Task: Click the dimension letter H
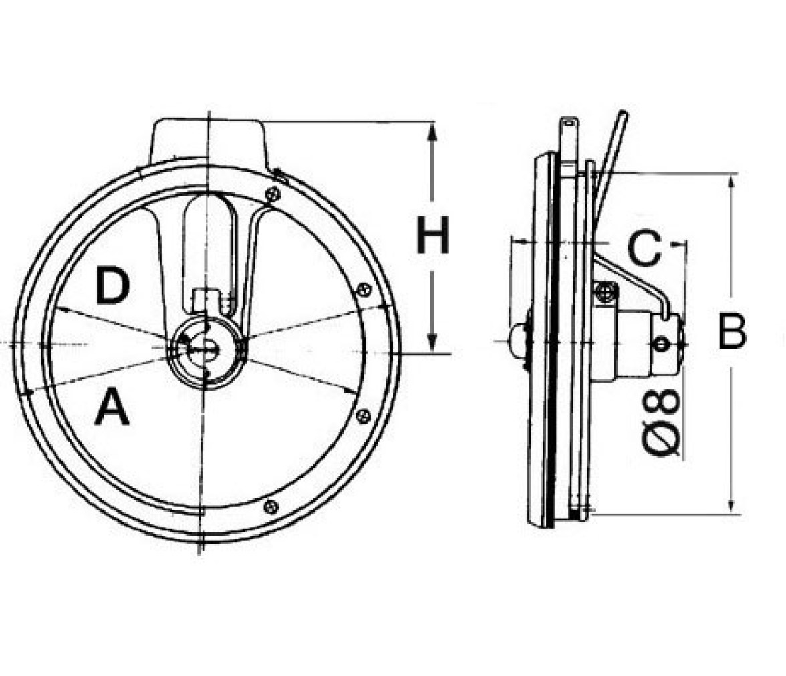pyautogui.click(x=433, y=235)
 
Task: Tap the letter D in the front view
pyautogui.click(x=113, y=286)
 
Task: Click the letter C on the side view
pyautogui.click(x=644, y=248)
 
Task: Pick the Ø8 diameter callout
pyautogui.click(x=661, y=424)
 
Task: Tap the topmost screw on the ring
pyautogui.click(x=271, y=194)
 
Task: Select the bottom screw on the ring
pyautogui.click(x=271, y=506)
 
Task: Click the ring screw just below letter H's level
pyautogui.click(x=364, y=289)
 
